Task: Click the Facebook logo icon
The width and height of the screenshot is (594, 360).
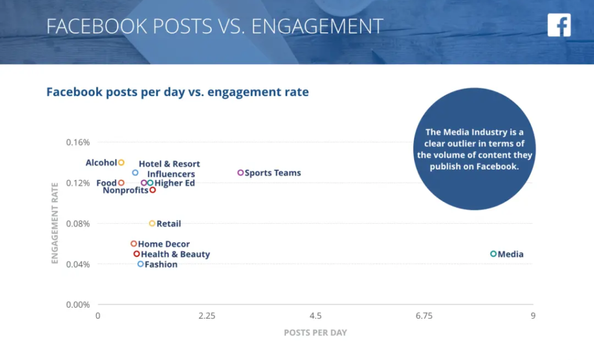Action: click(x=559, y=25)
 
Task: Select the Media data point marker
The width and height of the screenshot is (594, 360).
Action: click(x=494, y=254)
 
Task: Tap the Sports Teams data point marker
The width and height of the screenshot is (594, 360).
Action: click(x=241, y=173)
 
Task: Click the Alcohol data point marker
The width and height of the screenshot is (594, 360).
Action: click(x=121, y=163)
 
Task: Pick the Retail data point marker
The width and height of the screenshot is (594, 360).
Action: click(x=152, y=224)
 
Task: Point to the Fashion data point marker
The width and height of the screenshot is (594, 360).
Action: click(x=140, y=264)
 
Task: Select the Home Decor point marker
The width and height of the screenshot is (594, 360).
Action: click(x=133, y=244)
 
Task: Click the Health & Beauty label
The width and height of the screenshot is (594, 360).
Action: click(x=175, y=254)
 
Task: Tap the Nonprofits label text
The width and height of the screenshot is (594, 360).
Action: click(x=125, y=191)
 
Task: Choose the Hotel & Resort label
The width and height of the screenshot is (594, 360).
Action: click(x=169, y=164)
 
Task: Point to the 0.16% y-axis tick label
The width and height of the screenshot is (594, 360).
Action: click(x=78, y=143)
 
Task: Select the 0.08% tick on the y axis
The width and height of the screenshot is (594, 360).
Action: click(x=78, y=224)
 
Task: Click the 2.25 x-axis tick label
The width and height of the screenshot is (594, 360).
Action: click(x=207, y=317)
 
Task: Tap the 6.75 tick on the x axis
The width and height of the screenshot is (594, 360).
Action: click(x=424, y=317)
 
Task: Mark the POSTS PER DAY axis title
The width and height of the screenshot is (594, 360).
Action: click(x=315, y=333)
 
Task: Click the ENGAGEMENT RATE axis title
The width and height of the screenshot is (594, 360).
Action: click(x=55, y=223)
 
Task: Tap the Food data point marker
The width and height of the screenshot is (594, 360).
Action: click(x=121, y=183)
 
